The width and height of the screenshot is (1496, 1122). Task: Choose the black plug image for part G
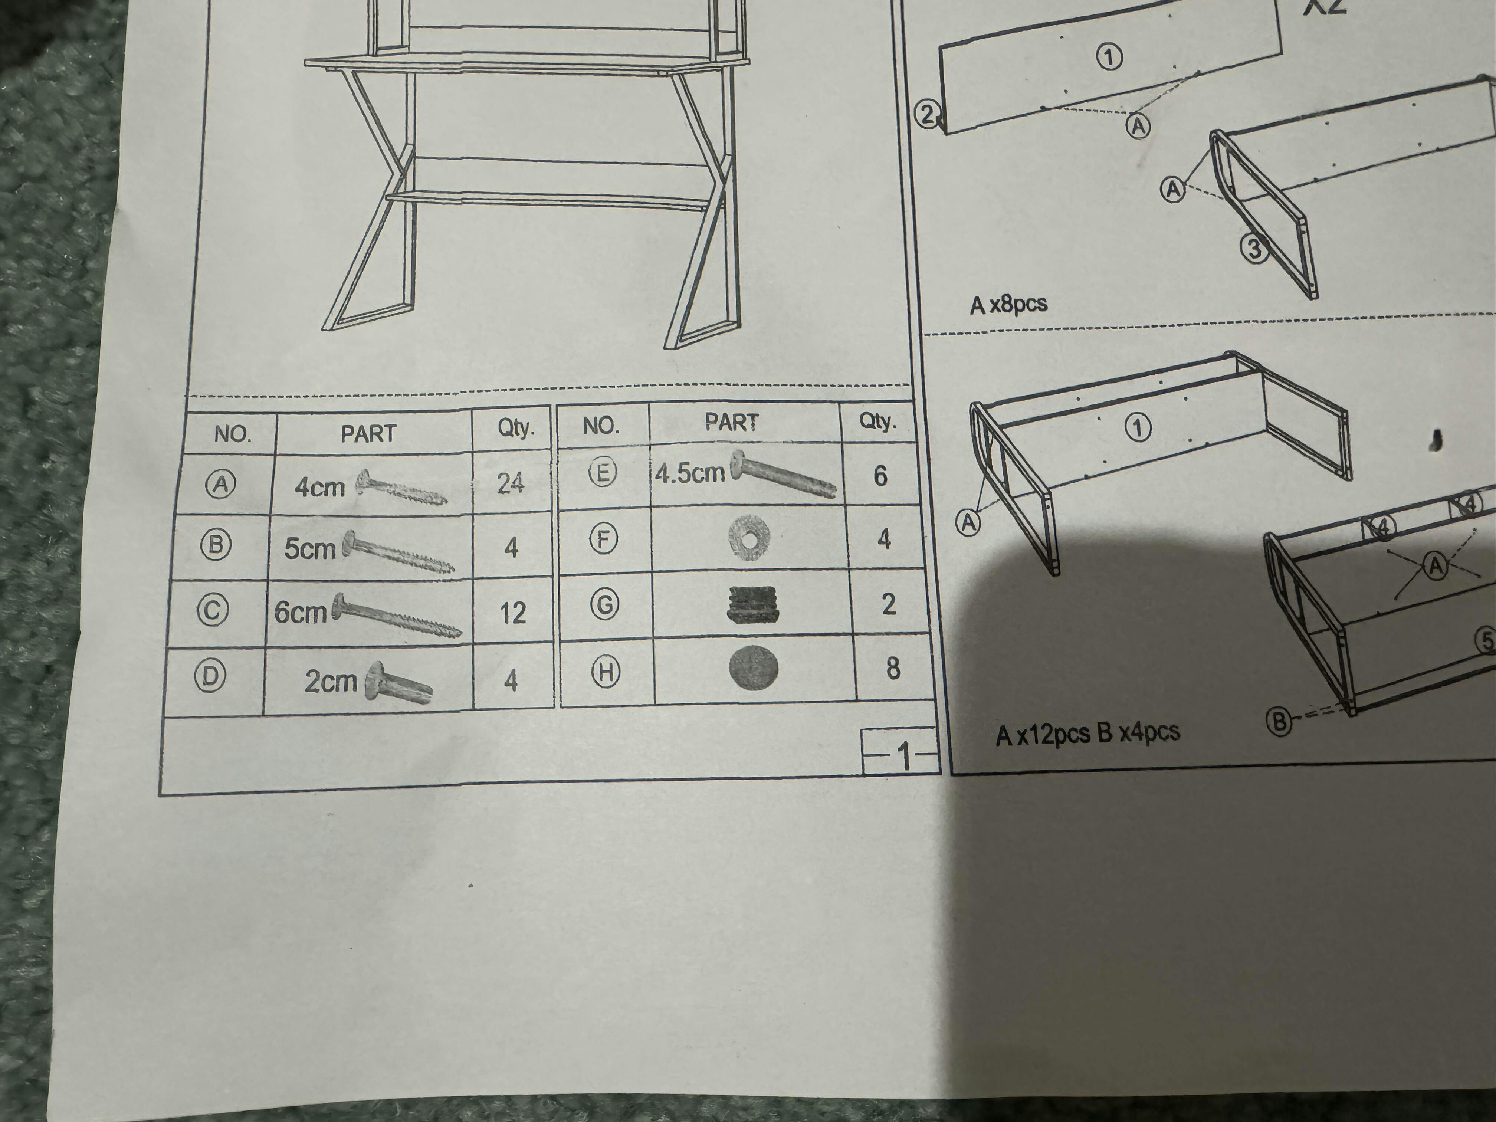tap(754, 604)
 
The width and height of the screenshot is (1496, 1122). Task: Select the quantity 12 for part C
tap(513, 613)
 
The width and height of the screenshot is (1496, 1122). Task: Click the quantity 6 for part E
tap(880, 476)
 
